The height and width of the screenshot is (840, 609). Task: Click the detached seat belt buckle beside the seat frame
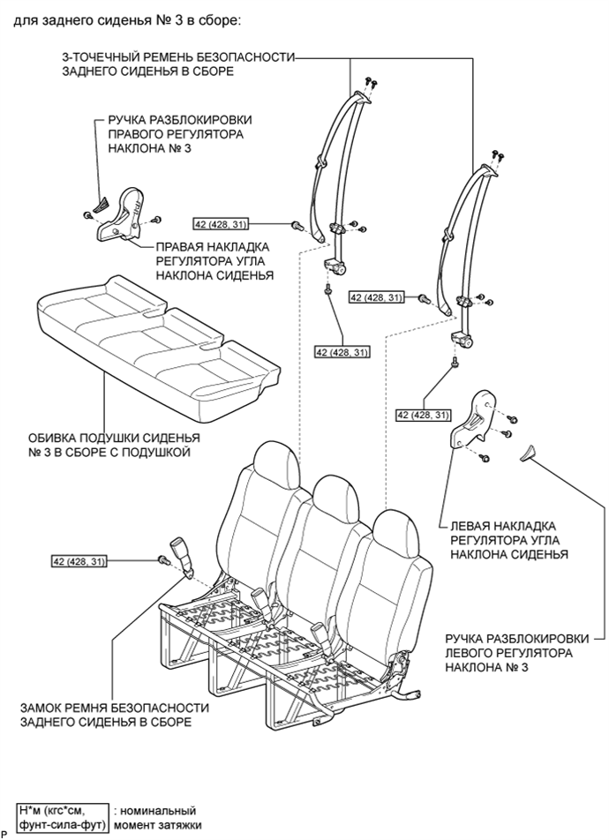[180, 557]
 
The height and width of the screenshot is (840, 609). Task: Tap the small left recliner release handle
[528, 452]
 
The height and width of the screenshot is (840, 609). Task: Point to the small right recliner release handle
[101, 204]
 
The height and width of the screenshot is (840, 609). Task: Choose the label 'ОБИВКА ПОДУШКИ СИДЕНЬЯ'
[114, 438]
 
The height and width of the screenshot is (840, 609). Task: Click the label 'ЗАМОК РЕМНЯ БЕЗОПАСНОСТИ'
[115, 708]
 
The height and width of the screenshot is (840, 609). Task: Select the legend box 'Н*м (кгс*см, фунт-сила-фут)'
[62, 817]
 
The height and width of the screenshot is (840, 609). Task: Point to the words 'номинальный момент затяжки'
[159, 817]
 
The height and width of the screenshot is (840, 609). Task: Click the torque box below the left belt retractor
[343, 352]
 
